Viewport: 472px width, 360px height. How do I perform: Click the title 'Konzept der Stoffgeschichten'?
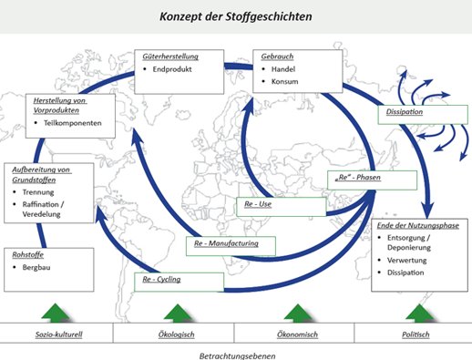236,16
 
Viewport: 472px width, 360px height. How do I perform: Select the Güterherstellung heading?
170,57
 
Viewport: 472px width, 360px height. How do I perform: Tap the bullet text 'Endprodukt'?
172,69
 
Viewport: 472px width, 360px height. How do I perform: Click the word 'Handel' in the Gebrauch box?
283,69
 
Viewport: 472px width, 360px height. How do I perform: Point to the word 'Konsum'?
284,81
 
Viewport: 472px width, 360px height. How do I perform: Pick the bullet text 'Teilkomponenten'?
73,123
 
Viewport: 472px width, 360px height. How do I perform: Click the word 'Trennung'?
38,192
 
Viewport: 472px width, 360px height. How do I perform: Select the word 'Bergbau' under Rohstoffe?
36,267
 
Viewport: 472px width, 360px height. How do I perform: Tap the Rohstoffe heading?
28,254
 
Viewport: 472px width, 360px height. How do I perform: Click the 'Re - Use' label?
258,204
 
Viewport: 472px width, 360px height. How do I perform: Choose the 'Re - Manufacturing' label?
226,243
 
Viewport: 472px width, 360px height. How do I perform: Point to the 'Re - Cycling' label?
161,279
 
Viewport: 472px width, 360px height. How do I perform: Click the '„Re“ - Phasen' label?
357,178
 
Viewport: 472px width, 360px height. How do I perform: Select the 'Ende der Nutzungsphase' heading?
418,225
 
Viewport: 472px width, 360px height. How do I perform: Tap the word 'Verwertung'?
406,261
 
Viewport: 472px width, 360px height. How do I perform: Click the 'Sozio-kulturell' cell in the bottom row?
59,334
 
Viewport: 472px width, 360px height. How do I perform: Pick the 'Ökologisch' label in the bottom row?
177,334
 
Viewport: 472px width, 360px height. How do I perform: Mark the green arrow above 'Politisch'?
420,313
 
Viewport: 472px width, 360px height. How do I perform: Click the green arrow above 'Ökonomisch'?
298,313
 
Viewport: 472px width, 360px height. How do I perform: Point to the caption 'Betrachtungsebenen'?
238,355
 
